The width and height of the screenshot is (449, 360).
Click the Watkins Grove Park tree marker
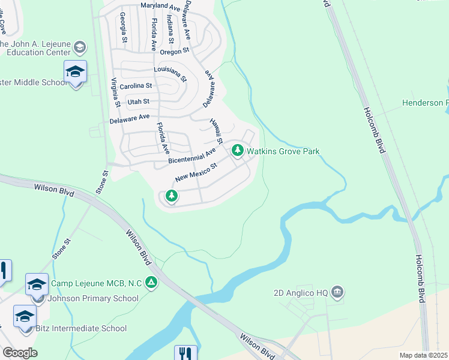[x=238, y=150]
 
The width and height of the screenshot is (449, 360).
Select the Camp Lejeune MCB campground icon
[x=152, y=282]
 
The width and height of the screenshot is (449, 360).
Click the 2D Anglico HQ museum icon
[x=337, y=293]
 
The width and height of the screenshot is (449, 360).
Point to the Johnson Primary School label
[x=96, y=298]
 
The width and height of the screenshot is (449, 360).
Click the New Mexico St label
[x=195, y=175]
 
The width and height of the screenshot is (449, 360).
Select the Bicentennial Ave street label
[x=191, y=157]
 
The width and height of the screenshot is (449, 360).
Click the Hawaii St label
[x=216, y=131]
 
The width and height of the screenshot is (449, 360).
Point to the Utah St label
[x=137, y=101]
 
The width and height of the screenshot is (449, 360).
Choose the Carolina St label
[x=136, y=86]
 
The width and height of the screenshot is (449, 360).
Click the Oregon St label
[x=178, y=50]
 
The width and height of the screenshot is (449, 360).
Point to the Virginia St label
[x=115, y=92]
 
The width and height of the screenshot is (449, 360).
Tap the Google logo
[x=20, y=353]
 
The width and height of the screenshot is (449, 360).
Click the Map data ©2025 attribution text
[x=424, y=355]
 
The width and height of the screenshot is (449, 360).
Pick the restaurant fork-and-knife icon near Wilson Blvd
[x=185, y=353]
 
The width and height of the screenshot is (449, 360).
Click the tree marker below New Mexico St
[x=172, y=196]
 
